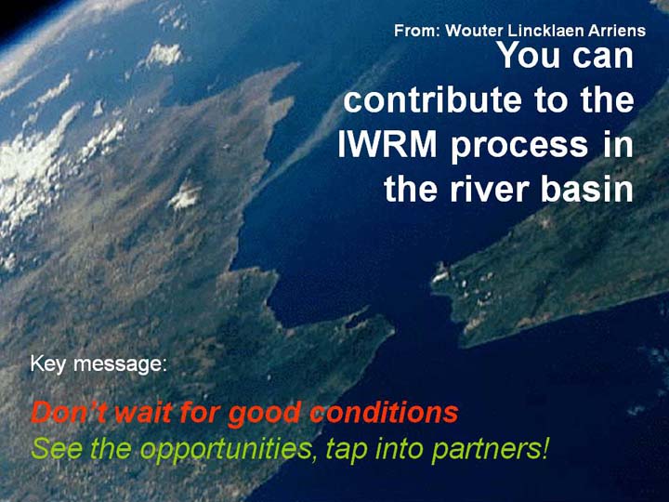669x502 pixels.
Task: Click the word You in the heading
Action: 529,55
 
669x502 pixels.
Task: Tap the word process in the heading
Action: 519,147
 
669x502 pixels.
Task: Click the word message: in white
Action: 120,364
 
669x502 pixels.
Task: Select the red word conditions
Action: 384,412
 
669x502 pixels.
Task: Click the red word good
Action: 264,415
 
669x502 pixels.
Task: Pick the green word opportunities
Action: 227,450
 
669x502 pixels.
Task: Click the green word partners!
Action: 490,450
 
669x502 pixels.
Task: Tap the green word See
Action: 57,448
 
